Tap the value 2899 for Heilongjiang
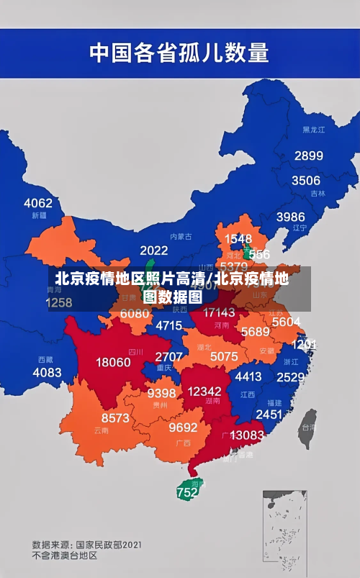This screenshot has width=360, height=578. [308, 155]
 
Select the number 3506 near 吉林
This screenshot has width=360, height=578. [305, 180]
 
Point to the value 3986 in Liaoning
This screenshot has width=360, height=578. [291, 216]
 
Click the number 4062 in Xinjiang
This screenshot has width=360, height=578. [38, 202]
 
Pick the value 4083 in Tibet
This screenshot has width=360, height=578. [48, 372]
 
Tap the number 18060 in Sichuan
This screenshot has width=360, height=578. [114, 362]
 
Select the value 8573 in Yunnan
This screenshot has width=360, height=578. [115, 417]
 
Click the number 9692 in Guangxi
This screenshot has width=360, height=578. [183, 427]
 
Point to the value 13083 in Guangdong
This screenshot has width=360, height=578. [247, 435]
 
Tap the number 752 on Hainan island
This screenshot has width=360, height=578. [186, 493]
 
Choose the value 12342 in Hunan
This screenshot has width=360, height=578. [204, 391]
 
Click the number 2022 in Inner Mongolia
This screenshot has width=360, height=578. [153, 250]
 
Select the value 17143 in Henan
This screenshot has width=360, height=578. [219, 312]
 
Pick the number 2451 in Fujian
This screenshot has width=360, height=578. [269, 414]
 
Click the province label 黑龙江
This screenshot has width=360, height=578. [314, 130]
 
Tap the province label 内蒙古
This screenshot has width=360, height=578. [181, 236]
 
